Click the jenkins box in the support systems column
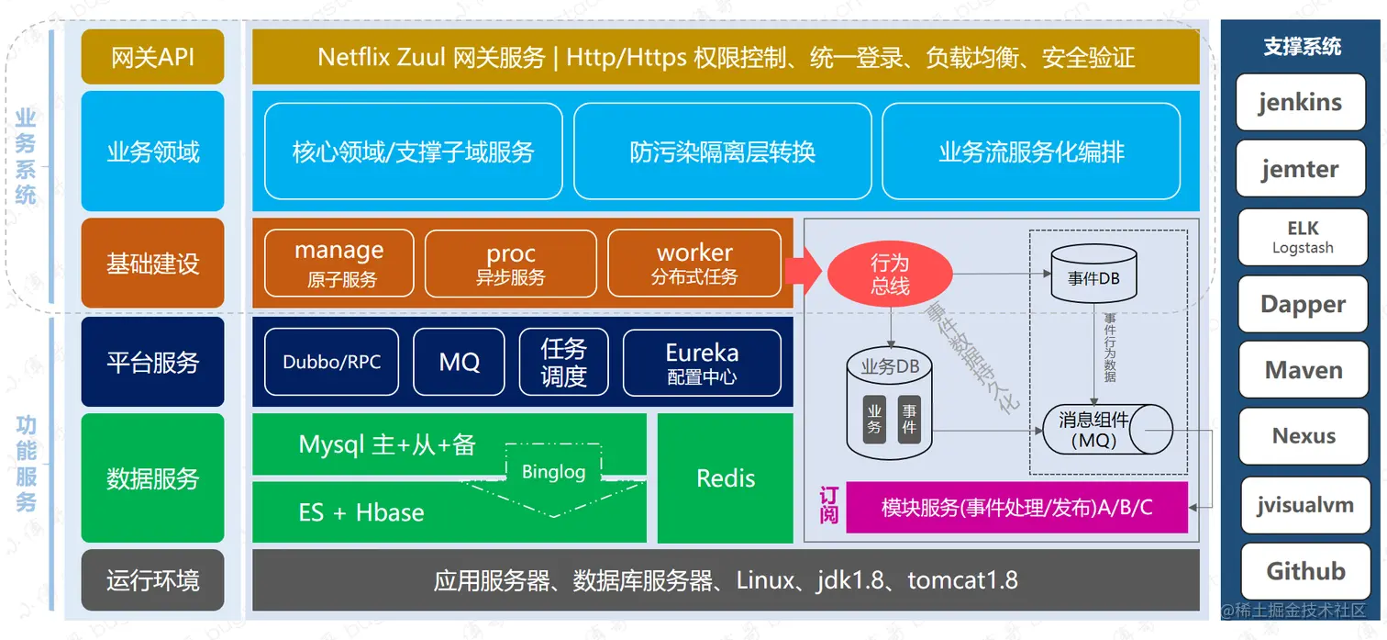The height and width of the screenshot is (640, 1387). [1301, 102]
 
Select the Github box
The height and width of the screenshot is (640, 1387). [1304, 571]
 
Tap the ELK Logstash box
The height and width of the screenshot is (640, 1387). [1303, 237]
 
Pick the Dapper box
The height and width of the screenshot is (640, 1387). [1303, 304]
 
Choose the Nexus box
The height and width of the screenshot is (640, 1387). [1303, 436]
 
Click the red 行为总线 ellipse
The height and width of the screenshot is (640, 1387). [889, 275]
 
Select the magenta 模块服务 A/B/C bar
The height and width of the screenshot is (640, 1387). [1016, 507]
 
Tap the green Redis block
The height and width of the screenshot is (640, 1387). [725, 477]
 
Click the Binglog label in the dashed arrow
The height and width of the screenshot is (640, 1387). [553, 472]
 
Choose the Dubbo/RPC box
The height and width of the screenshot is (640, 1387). [331, 362]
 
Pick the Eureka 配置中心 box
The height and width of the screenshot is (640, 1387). [702, 363]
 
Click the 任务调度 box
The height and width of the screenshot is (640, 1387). [563, 363]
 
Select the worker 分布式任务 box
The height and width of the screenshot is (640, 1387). [694, 263]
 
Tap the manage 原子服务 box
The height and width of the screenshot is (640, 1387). [339, 263]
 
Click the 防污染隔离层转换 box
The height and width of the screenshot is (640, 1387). [722, 152]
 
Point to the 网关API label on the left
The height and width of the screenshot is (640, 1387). [152, 57]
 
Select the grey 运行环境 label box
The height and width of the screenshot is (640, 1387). [152, 580]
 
